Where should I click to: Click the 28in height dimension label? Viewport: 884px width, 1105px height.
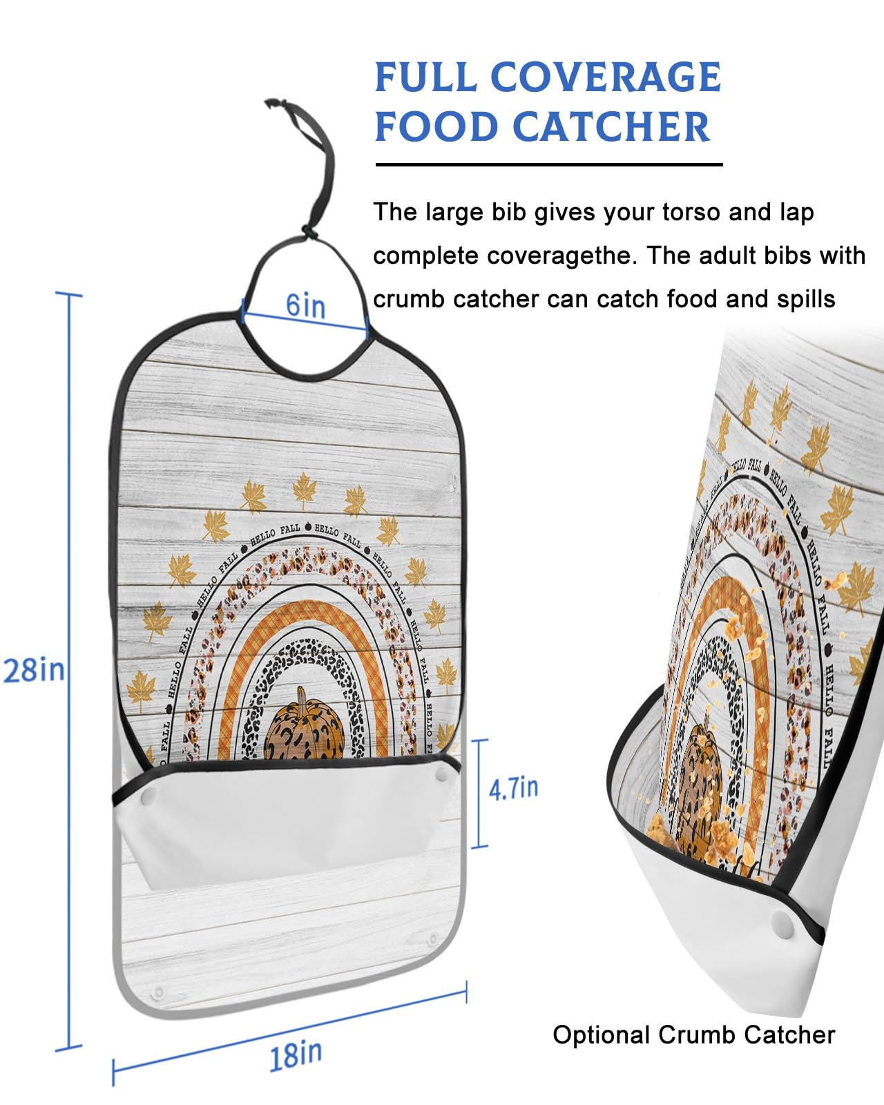click(x=34, y=670)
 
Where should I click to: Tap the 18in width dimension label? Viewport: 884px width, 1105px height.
click(x=295, y=1055)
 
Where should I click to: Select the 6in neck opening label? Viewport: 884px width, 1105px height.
click(x=305, y=305)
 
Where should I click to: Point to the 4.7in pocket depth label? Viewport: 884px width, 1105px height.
click(x=513, y=788)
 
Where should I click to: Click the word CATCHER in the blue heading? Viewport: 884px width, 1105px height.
click(x=611, y=127)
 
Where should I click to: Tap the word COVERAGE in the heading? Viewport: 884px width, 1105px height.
click(x=606, y=77)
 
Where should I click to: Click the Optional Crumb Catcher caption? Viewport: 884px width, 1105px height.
click(x=693, y=1035)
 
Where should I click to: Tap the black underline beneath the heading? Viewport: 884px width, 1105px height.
click(x=549, y=164)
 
